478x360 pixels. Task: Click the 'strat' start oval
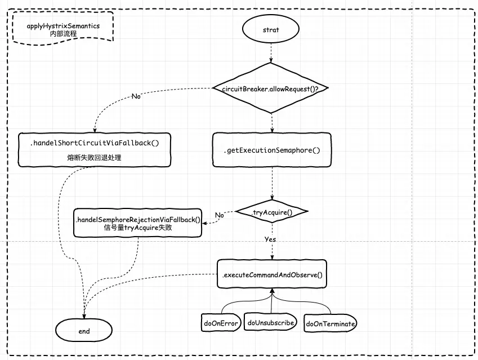click(x=271, y=30)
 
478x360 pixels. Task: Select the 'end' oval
click(x=84, y=331)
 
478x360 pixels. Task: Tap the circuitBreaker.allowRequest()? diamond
click(x=271, y=89)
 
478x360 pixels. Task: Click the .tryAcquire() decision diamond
click(x=272, y=212)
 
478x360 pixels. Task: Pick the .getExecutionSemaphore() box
click(x=272, y=150)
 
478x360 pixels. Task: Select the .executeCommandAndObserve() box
click(x=272, y=275)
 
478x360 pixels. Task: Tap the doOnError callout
click(x=221, y=323)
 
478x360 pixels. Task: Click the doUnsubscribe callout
click(x=271, y=323)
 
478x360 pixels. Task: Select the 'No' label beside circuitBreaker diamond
click(x=136, y=96)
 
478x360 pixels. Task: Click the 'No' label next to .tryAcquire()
click(x=220, y=215)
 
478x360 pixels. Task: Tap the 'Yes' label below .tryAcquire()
click(x=270, y=239)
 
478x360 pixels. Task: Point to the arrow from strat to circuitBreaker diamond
click(x=271, y=55)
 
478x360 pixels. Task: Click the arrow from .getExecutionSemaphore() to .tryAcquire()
click(x=272, y=184)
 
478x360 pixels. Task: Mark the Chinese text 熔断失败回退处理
click(x=94, y=158)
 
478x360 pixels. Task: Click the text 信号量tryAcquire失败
click(x=137, y=228)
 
